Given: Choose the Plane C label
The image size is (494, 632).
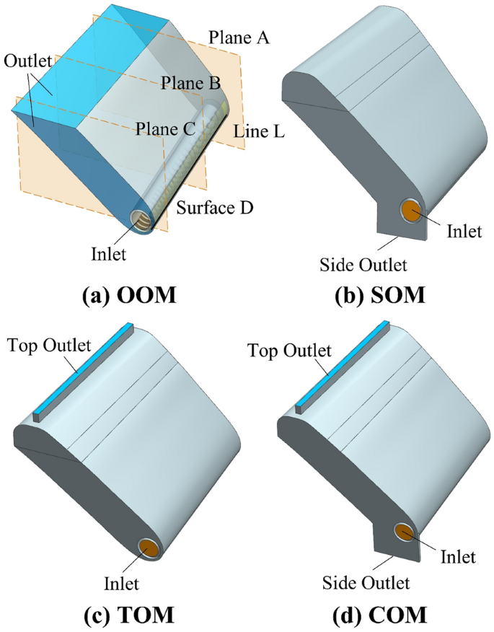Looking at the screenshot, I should (167, 128).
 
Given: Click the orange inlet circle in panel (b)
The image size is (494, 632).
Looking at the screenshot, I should (411, 212).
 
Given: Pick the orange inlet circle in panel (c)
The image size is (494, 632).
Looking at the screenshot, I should (150, 548).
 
